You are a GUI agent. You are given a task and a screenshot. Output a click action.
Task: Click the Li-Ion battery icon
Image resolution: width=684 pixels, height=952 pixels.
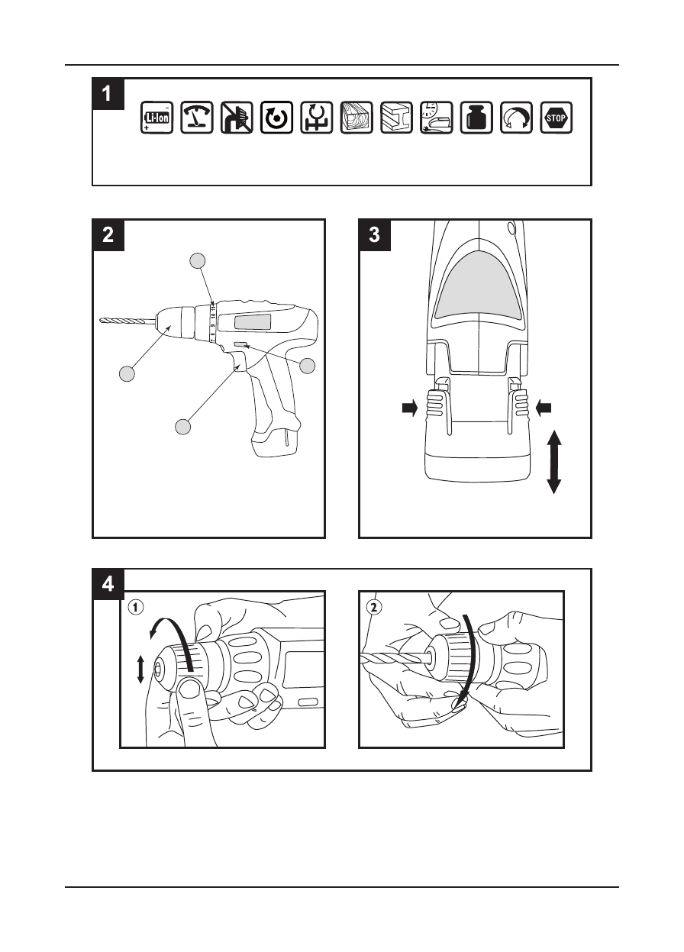[156, 118]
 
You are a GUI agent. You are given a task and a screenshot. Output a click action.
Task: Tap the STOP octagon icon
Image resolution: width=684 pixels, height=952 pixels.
[556, 118]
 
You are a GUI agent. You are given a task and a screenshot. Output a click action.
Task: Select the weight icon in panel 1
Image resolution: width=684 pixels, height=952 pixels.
[476, 118]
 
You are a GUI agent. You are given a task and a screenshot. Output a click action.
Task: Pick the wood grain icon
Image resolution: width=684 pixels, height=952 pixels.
[357, 118]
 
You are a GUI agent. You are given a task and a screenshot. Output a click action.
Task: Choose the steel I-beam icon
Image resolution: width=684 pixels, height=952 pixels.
[396, 118]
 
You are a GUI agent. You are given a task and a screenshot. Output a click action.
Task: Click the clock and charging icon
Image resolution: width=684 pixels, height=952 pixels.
[436, 118]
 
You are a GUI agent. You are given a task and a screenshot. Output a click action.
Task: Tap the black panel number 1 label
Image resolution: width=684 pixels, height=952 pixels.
[108, 95]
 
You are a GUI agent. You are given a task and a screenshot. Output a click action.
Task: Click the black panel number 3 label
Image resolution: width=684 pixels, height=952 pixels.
[374, 235]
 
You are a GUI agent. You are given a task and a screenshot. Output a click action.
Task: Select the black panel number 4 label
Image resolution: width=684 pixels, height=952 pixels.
[108, 584]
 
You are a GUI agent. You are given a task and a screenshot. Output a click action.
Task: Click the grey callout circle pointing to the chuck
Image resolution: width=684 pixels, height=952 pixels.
[127, 373]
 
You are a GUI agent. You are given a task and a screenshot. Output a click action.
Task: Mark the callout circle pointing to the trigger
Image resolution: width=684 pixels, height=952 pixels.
[182, 426]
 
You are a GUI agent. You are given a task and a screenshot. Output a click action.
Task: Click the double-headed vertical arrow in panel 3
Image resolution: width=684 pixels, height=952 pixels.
[554, 463]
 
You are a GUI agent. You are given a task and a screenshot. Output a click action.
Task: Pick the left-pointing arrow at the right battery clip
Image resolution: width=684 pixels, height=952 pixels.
[544, 409]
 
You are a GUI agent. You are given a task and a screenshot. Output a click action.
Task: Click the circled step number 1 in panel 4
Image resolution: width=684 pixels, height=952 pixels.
[135, 608]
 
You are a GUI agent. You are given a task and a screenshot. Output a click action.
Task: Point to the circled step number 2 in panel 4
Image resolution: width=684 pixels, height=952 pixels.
[374, 608]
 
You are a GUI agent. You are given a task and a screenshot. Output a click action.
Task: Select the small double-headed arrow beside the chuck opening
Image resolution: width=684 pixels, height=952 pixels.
[140, 670]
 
